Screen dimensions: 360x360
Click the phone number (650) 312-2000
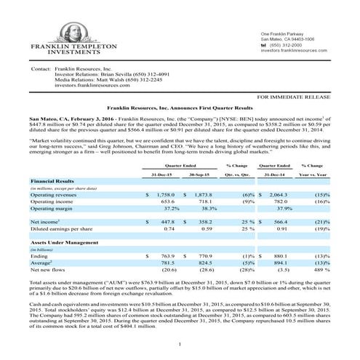coord(287,44)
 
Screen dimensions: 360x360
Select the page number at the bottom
coord(180,343)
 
